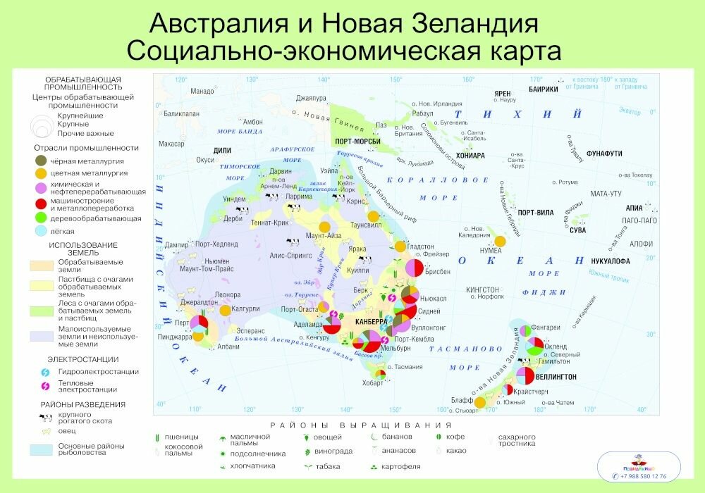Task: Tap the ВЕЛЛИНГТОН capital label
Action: pos(556,377)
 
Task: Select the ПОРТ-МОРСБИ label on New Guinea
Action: pos(358,141)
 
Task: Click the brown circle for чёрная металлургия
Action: pos(41,160)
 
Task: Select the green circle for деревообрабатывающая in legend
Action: pos(41,218)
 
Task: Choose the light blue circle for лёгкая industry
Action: pos(41,230)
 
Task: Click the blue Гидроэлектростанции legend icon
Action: pos(44,371)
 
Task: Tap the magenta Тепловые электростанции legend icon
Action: pos(44,385)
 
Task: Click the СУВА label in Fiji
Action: pos(577,230)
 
